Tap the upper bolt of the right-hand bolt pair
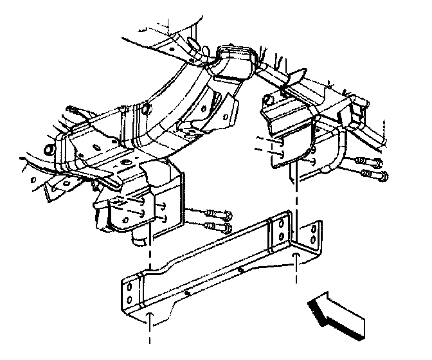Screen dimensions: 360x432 [368, 160]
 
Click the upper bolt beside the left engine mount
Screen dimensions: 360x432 [215, 214]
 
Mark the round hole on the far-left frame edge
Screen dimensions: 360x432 [48, 152]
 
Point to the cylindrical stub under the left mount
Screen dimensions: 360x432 [139, 239]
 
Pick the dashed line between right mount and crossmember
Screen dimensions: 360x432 [296, 186]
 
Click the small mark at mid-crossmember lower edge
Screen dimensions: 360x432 [186, 292]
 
